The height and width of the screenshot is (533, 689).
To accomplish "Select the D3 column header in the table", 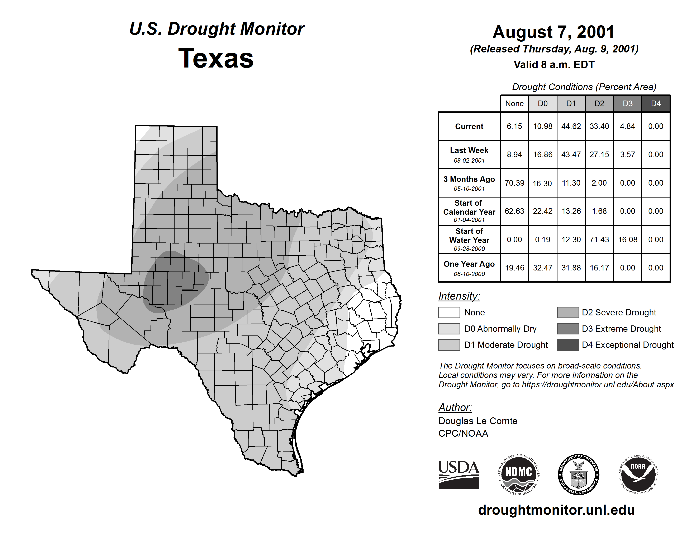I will tap(627, 103).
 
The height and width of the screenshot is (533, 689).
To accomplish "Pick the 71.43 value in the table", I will tap(599, 240).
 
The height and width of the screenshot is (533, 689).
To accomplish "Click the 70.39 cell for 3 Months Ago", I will tap(514, 183).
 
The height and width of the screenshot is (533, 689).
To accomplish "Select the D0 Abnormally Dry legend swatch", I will tap(449, 329).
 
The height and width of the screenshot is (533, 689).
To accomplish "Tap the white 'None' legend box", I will tap(449, 312).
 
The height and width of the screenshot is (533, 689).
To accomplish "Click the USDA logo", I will tap(459, 474).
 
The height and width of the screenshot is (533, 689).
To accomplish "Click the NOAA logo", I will tap(638, 474).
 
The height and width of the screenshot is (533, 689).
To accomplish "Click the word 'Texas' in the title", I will tap(216, 58).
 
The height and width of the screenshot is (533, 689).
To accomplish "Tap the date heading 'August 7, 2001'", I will tap(554, 32).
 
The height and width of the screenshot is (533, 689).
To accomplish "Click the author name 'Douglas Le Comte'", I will tap(478, 421).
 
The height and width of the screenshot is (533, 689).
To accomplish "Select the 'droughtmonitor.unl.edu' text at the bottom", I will tap(556, 510).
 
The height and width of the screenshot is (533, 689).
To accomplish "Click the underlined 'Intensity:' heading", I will tap(459, 296).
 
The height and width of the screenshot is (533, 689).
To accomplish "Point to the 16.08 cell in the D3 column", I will tap(627, 240).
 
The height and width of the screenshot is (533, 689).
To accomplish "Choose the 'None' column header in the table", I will tap(514, 103).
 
